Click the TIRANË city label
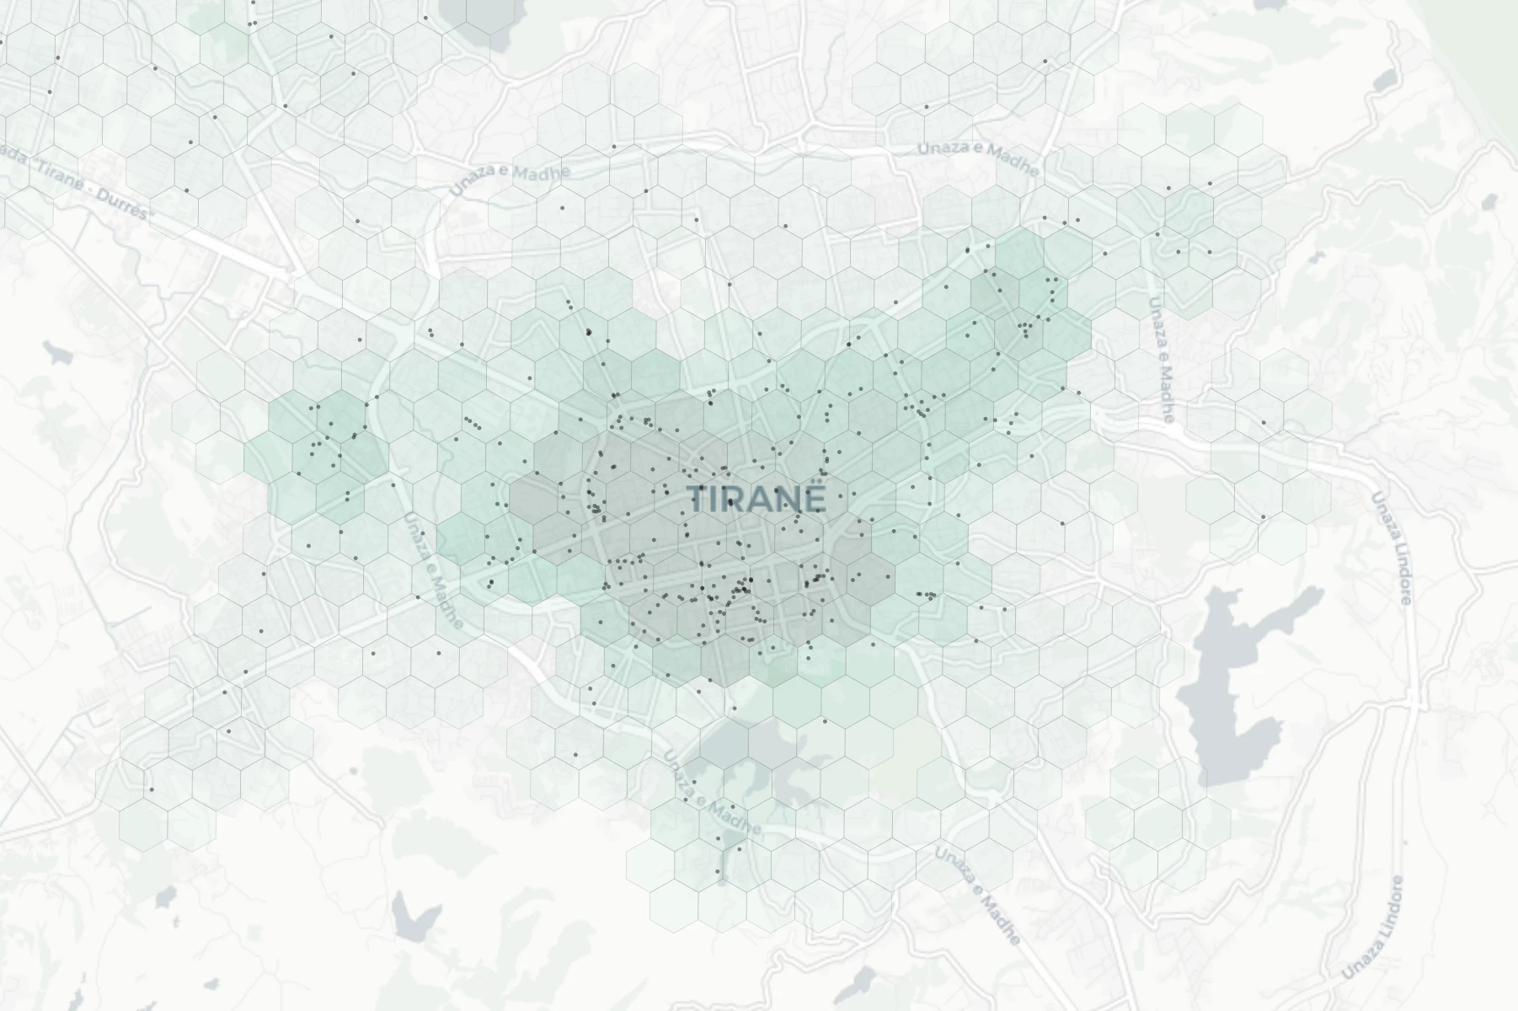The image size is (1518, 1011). coord(756,499)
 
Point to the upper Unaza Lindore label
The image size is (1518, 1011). coord(1391,548)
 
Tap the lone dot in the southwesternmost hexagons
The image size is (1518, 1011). coord(152,789)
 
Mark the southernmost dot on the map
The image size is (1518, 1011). coord(720,881)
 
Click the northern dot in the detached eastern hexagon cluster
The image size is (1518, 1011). coord(1264,422)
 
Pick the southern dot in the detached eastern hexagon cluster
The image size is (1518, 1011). coord(1264,516)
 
